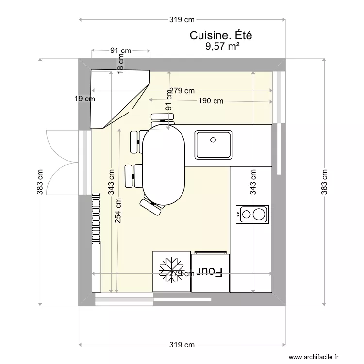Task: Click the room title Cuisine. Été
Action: (221, 35)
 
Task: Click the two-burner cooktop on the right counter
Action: (252, 214)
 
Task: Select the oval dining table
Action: (164, 164)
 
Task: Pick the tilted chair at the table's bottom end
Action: (151, 206)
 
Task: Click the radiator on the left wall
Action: (96, 217)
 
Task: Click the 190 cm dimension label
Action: (211, 101)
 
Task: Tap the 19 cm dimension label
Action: (84, 99)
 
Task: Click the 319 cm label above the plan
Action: (182, 20)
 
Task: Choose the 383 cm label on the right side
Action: (324, 182)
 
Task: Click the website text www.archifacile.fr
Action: (315, 357)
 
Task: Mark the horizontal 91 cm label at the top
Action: (120, 50)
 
